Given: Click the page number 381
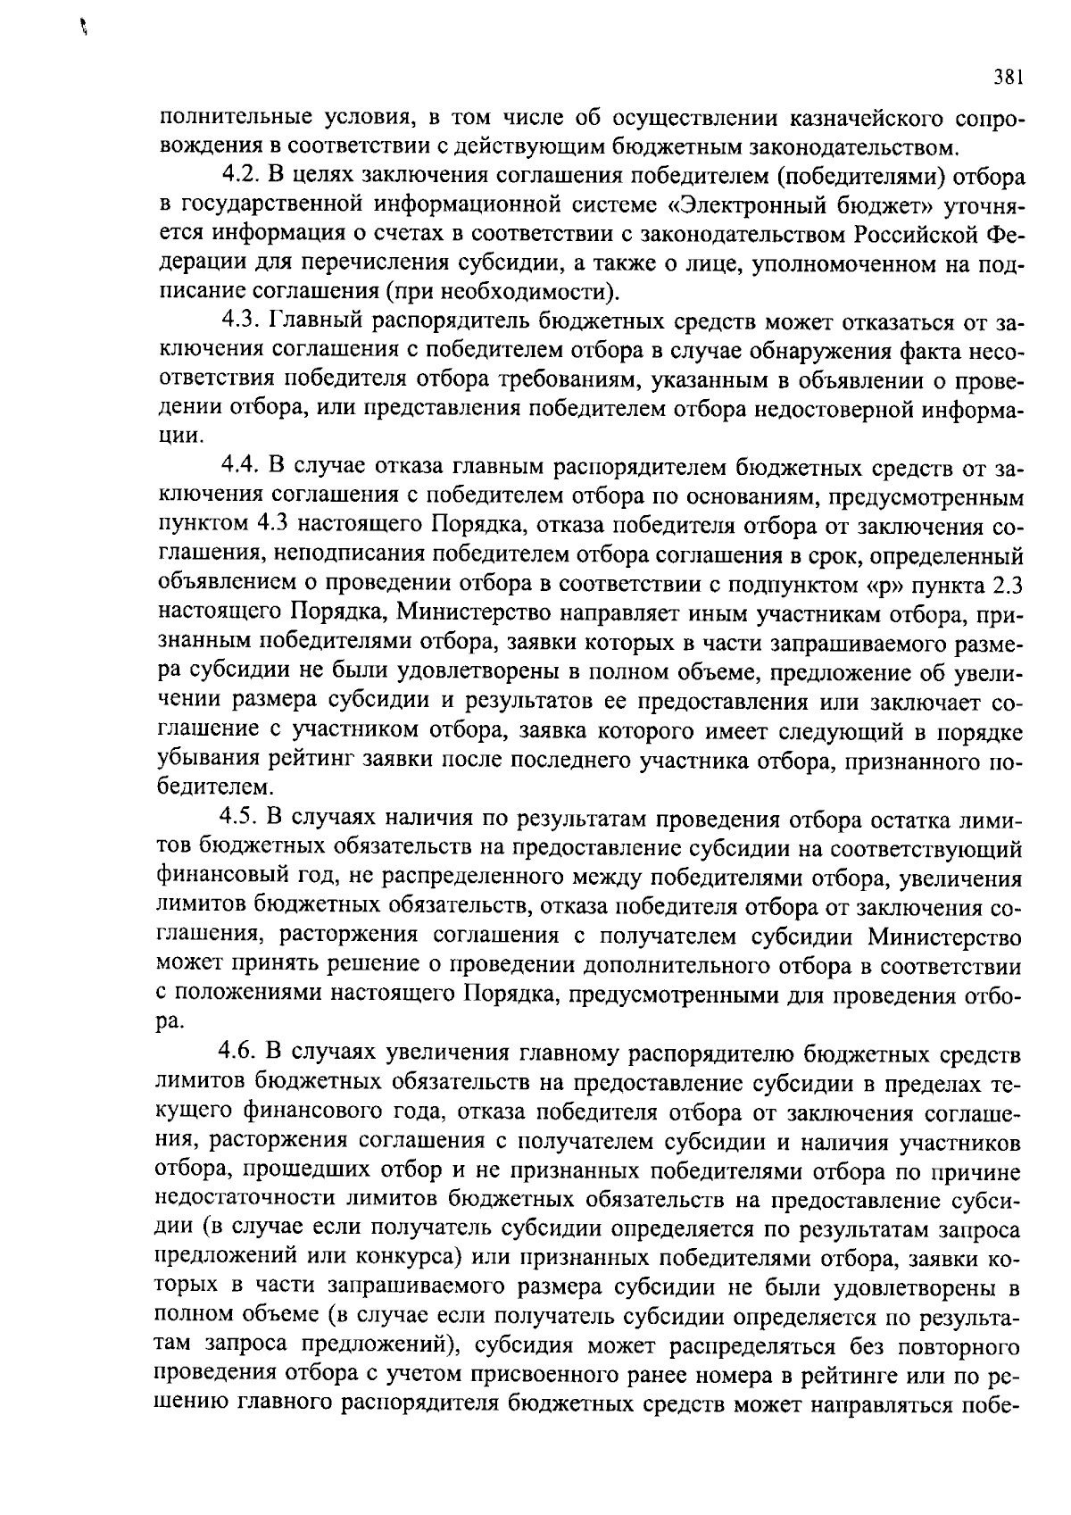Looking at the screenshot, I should point(1007,79).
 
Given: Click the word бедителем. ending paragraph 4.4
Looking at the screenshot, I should point(215,788).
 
